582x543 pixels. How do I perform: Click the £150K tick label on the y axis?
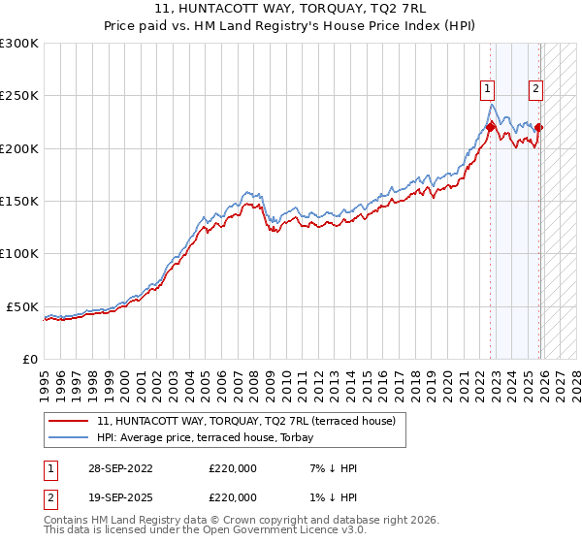(x=18, y=201)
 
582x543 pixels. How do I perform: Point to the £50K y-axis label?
(x=21, y=306)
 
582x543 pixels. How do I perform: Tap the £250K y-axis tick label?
(x=18, y=96)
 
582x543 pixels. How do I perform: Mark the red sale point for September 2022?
(x=491, y=127)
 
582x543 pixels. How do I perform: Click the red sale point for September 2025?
(x=539, y=127)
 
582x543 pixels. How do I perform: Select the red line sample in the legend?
(x=70, y=422)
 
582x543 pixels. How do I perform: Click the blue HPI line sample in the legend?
(x=70, y=438)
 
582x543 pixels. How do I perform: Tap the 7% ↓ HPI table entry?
(x=331, y=468)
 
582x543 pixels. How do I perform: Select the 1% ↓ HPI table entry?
(x=331, y=497)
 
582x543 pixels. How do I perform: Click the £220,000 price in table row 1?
(x=233, y=468)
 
